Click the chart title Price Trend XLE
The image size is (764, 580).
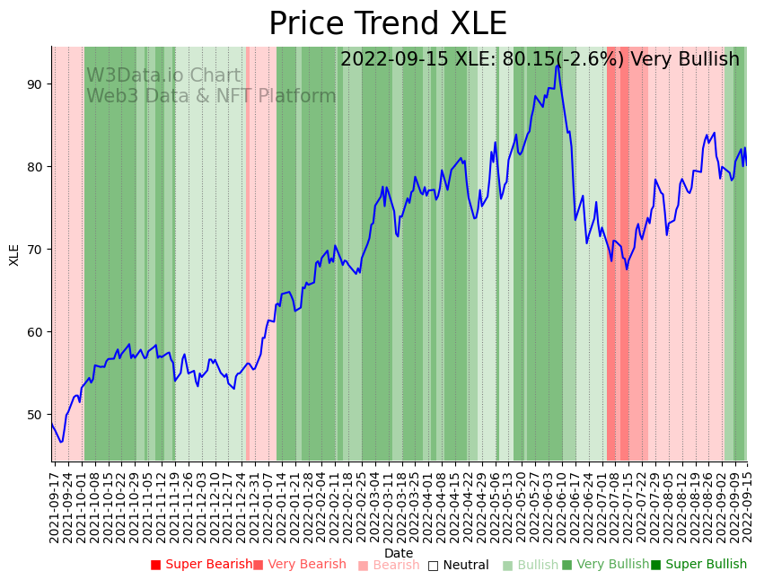387,24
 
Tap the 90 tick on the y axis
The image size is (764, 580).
35,84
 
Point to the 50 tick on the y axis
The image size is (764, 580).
35,415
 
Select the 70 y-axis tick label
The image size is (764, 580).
35,250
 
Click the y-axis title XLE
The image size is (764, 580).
14,254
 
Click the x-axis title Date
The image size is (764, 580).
399,553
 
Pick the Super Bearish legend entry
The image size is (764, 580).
202,565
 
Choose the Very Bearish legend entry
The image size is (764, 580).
299,565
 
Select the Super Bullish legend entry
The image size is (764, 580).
698,565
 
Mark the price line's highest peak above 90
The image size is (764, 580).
558,65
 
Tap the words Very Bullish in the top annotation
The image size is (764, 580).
685,59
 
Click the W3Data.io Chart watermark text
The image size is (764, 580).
163,76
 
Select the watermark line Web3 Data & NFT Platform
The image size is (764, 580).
211,96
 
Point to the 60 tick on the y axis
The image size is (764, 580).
35,332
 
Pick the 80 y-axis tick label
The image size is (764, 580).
35,167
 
